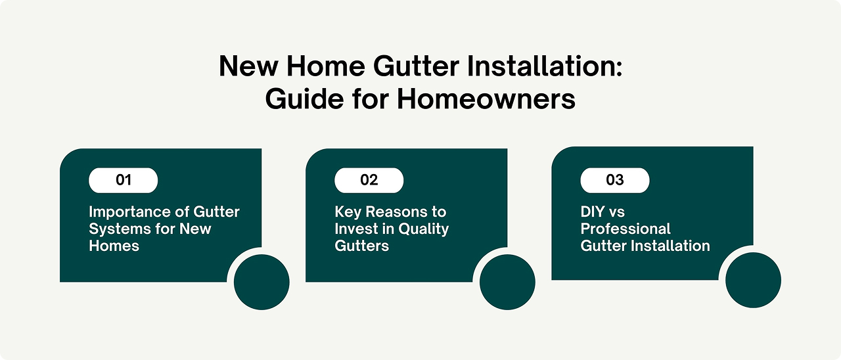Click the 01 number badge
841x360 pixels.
(123, 180)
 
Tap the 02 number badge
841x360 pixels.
(369, 180)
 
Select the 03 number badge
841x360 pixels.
(615, 180)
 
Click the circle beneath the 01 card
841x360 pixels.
(261, 282)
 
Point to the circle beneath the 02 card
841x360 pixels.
(508, 282)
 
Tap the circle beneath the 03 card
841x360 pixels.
(754, 280)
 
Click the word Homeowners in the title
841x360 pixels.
(486, 99)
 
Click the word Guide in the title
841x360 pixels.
(304, 100)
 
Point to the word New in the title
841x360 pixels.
(248, 66)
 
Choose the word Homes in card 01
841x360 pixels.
(114, 246)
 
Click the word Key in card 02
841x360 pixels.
(348, 212)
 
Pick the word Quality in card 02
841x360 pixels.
(424, 229)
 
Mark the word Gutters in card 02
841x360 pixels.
(362, 246)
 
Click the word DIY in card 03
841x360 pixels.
(593, 212)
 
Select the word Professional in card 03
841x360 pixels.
(625, 229)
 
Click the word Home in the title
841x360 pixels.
(325, 66)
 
